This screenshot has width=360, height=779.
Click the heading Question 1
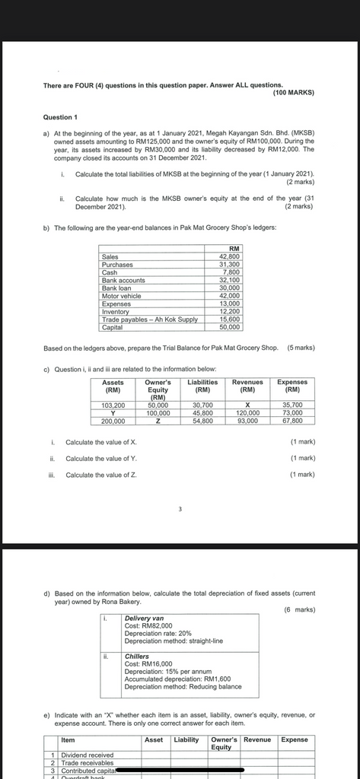point(61,117)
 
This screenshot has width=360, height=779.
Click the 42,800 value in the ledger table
point(229,257)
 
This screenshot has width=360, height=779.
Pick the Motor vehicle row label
point(121,296)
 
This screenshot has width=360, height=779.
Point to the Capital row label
point(112,327)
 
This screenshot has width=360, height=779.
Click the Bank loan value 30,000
point(229,288)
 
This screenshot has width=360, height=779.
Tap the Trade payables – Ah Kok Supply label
point(149,320)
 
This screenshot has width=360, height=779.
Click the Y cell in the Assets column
point(113,413)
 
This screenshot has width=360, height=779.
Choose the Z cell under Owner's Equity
point(158,421)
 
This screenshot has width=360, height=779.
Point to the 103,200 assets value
point(113,405)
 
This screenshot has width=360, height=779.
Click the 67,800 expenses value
point(292,421)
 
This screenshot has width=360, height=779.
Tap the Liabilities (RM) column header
point(203,386)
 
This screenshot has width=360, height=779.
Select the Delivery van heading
point(144,618)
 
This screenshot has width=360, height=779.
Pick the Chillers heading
point(137,656)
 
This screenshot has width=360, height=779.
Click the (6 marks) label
point(299,609)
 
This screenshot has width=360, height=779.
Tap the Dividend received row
point(88,755)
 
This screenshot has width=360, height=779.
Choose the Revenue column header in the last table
point(257,739)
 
